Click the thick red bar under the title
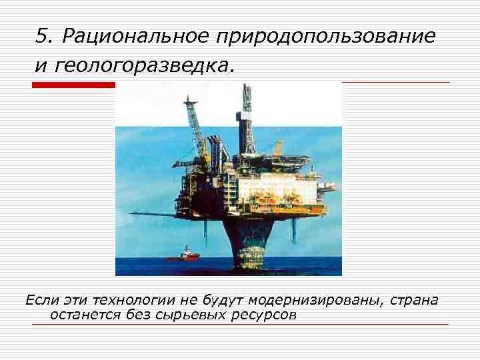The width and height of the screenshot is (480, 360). [x=73, y=85]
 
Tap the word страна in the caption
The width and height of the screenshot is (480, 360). [x=413, y=300]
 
